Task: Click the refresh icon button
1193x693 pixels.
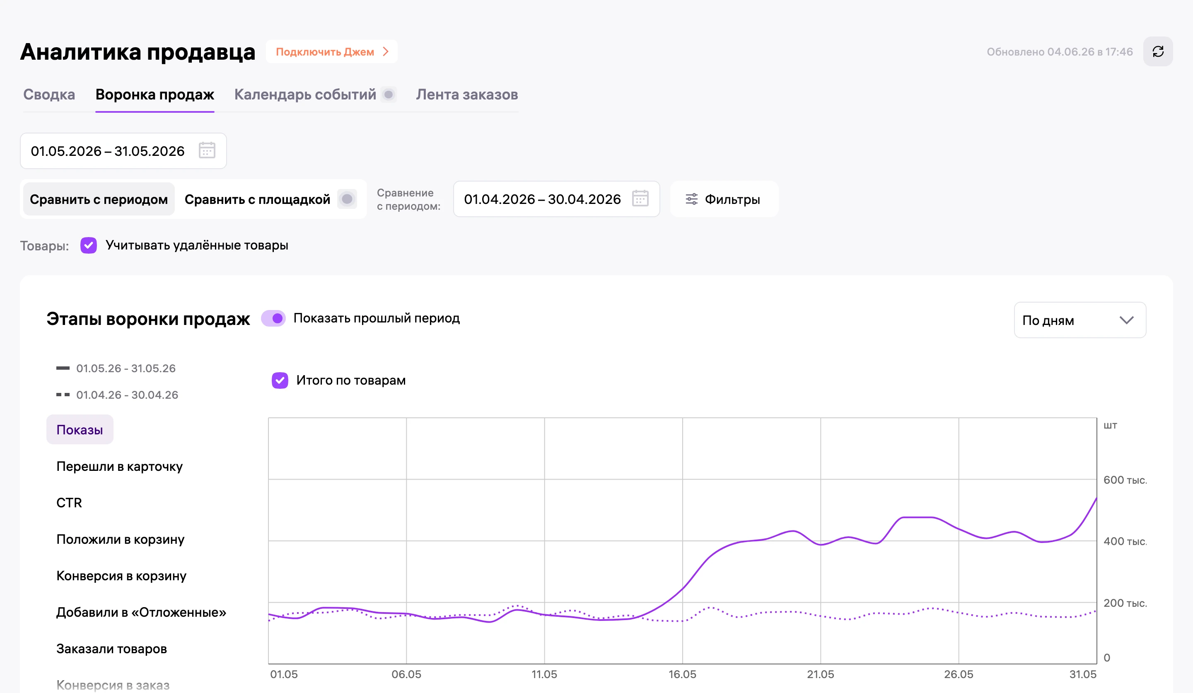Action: (x=1157, y=52)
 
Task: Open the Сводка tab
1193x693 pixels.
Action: (x=49, y=95)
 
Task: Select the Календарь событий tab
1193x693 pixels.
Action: (x=305, y=95)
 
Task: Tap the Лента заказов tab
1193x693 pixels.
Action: (x=467, y=95)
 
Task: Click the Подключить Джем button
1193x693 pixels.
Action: (x=332, y=52)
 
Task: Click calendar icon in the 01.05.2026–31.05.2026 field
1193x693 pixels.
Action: (x=207, y=150)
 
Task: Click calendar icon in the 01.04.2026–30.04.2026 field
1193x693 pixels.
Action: (x=640, y=199)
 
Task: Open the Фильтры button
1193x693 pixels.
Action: (x=724, y=199)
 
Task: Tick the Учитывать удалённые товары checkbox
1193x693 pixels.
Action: (x=89, y=245)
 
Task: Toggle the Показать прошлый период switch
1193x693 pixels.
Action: (x=274, y=318)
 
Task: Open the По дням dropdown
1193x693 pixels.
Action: (x=1080, y=320)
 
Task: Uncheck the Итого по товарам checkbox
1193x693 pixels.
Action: (x=280, y=380)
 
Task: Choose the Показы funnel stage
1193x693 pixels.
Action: (x=80, y=430)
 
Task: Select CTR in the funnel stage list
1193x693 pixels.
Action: (x=69, y=503)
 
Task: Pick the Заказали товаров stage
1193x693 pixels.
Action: (x=112, y=649)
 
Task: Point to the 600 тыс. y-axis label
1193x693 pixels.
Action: (x=1125, y=480)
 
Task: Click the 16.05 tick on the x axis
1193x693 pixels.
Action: (x=682, y=674)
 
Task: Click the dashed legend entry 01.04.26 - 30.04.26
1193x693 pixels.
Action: (x=117, y=395)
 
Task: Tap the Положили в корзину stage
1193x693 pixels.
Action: (x=120, y=540)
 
